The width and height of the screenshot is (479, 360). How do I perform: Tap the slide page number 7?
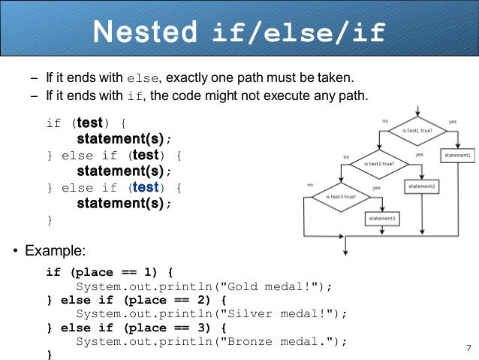[x=468, y=347]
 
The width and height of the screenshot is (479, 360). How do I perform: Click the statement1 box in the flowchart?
[x=457, y=156]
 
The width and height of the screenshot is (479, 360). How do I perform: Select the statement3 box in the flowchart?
[x=382, y=218]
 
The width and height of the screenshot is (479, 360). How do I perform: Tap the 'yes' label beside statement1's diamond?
[x=452, y=121]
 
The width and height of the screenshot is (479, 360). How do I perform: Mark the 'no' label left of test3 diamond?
[x=310, y=185]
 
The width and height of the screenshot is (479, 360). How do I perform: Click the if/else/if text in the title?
[x=299, y=32]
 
